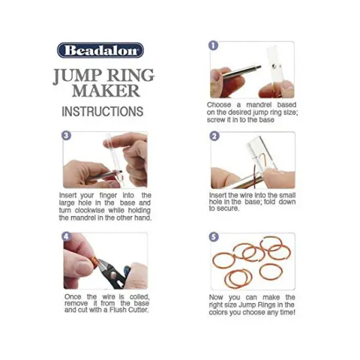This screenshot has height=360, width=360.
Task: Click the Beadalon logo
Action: coord(100,50)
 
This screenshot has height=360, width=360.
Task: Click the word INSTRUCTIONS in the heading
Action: coord(102,111)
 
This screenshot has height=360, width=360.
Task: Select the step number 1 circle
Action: coord(213,46)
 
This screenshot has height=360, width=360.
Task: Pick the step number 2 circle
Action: coord(213,136)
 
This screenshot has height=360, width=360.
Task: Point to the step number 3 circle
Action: coord(66,136)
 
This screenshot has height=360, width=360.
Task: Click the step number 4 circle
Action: coord(66,236)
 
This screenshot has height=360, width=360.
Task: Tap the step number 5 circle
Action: coord(213,236)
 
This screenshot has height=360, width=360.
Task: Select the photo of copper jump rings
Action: coord(252,262)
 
